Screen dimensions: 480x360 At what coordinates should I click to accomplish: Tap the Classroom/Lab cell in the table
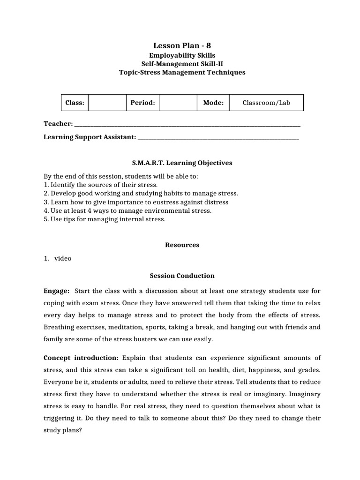[x=266, y=103]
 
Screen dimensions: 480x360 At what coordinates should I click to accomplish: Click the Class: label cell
[x=75, y=103]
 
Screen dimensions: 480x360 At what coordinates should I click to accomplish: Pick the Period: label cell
[x=142, y=103]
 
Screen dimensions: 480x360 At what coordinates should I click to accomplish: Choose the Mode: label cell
[x=213, y=103]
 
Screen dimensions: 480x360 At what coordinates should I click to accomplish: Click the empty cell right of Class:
[x=107, y=103]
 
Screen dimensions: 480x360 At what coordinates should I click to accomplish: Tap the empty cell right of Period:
[x=178, y=103]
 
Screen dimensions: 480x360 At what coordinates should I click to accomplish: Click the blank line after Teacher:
[x=187, y=124]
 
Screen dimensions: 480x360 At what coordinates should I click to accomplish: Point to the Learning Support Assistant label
[x=90, y=137]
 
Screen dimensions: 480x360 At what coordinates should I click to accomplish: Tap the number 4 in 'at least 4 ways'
[x=83, y=210]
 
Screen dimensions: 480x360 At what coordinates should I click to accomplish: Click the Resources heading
[x=182, y=245]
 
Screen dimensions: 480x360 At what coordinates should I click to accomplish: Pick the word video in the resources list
[x=63, y=258]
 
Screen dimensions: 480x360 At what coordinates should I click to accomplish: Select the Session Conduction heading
[x=182, y=276]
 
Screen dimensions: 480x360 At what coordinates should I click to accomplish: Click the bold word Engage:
[x=56, y=291]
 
